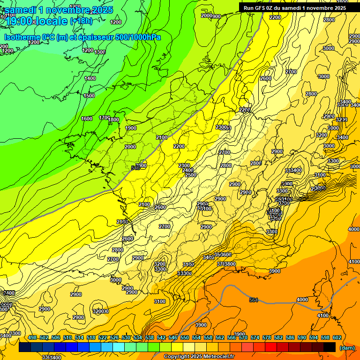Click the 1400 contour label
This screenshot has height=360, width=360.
click(90, 78)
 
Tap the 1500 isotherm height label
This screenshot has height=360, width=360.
click(89, 96)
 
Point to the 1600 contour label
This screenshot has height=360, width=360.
click(87, 119)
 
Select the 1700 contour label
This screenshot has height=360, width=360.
click(105, 118)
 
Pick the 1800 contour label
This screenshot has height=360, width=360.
click(113, 120)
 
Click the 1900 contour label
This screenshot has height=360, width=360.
click(131, 128)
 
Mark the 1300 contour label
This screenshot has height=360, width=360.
click(100, 52)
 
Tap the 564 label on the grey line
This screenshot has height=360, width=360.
click(254, 300)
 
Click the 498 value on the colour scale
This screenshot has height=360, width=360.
click(32, 337)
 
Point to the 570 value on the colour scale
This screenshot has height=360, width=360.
click(243, 337)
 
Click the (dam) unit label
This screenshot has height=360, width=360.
click(347, 348)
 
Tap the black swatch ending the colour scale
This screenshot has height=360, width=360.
click(330, 347)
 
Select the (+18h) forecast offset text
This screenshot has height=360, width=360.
click(81, 21)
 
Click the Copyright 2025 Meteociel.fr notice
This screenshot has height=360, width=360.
click(199, 356)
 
